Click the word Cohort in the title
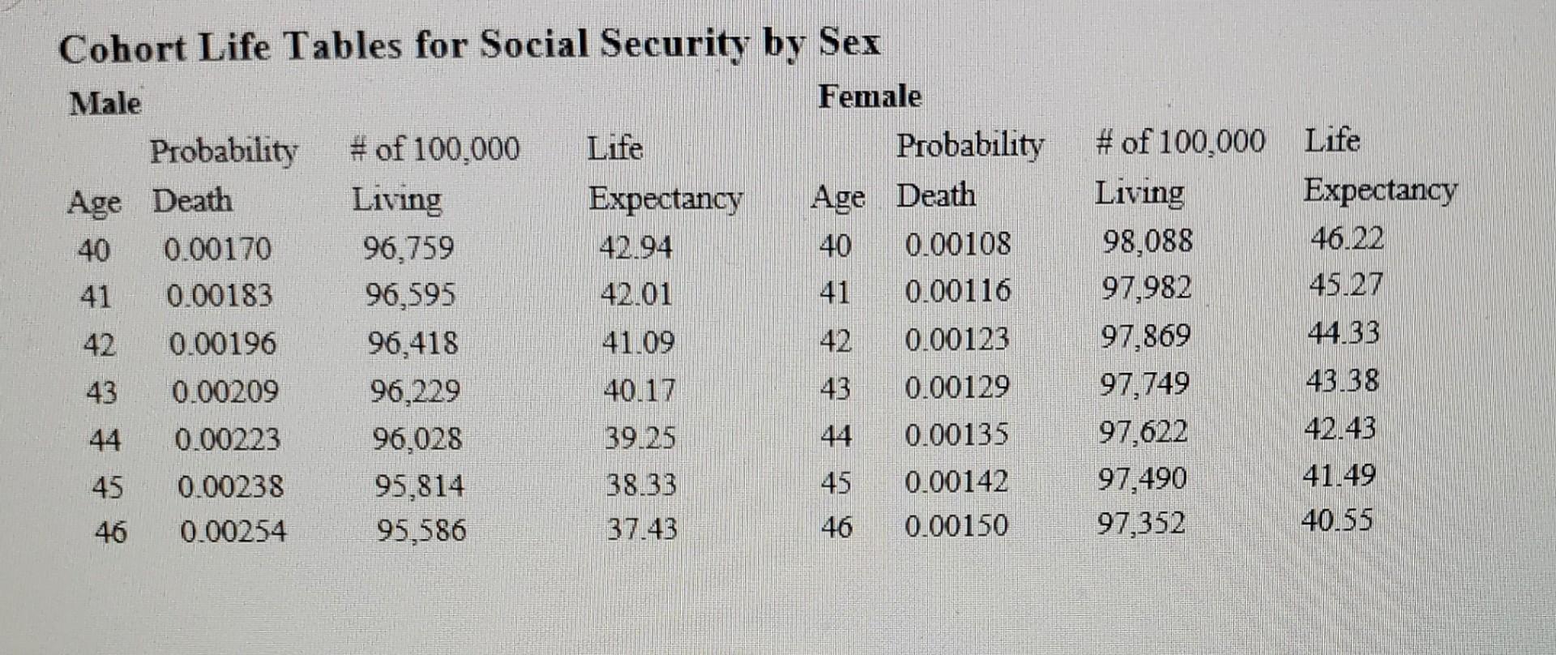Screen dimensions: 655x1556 (x=122, y=48)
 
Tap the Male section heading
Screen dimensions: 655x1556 (x=105, y=104)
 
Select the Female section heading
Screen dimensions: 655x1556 (x=870, y=96)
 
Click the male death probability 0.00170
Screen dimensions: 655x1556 (x=217, y=249)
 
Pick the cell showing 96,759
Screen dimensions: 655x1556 (x=408, y=247)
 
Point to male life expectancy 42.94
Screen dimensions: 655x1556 (x=635, y=246)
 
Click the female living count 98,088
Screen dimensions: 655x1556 (x=1148, y=241)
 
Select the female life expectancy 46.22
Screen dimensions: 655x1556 (x=1347, y=238)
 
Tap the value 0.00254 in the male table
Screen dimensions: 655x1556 (x=233, y=532)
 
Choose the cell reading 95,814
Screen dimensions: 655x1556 (x=419, y=486)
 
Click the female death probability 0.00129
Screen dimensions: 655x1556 (x=957, y=387)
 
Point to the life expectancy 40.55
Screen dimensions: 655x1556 (x=1337, y=520)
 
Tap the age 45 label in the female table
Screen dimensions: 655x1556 (x=836, y=483)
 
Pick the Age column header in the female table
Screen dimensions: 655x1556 (x=838, y=197)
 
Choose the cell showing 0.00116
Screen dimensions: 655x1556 (x=958, y=290)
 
